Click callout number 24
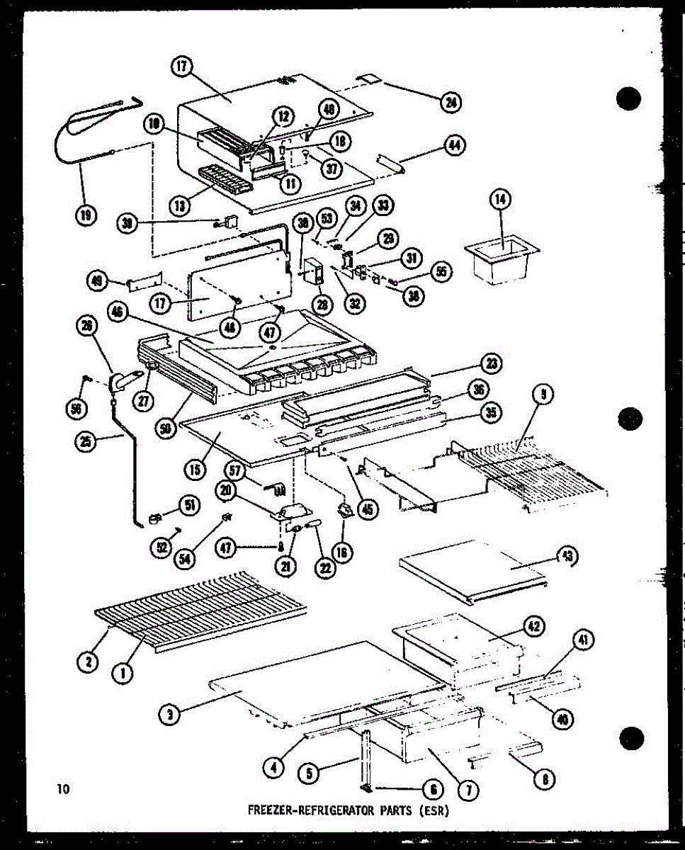pos(450,103)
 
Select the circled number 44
pos(453,145)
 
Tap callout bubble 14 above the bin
pos(500,200)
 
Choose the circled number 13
pos(180,205)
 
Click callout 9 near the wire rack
pos(540,394)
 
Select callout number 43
pos(567,557)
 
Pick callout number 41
pos(581,641)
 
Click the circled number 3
pos(170,715)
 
